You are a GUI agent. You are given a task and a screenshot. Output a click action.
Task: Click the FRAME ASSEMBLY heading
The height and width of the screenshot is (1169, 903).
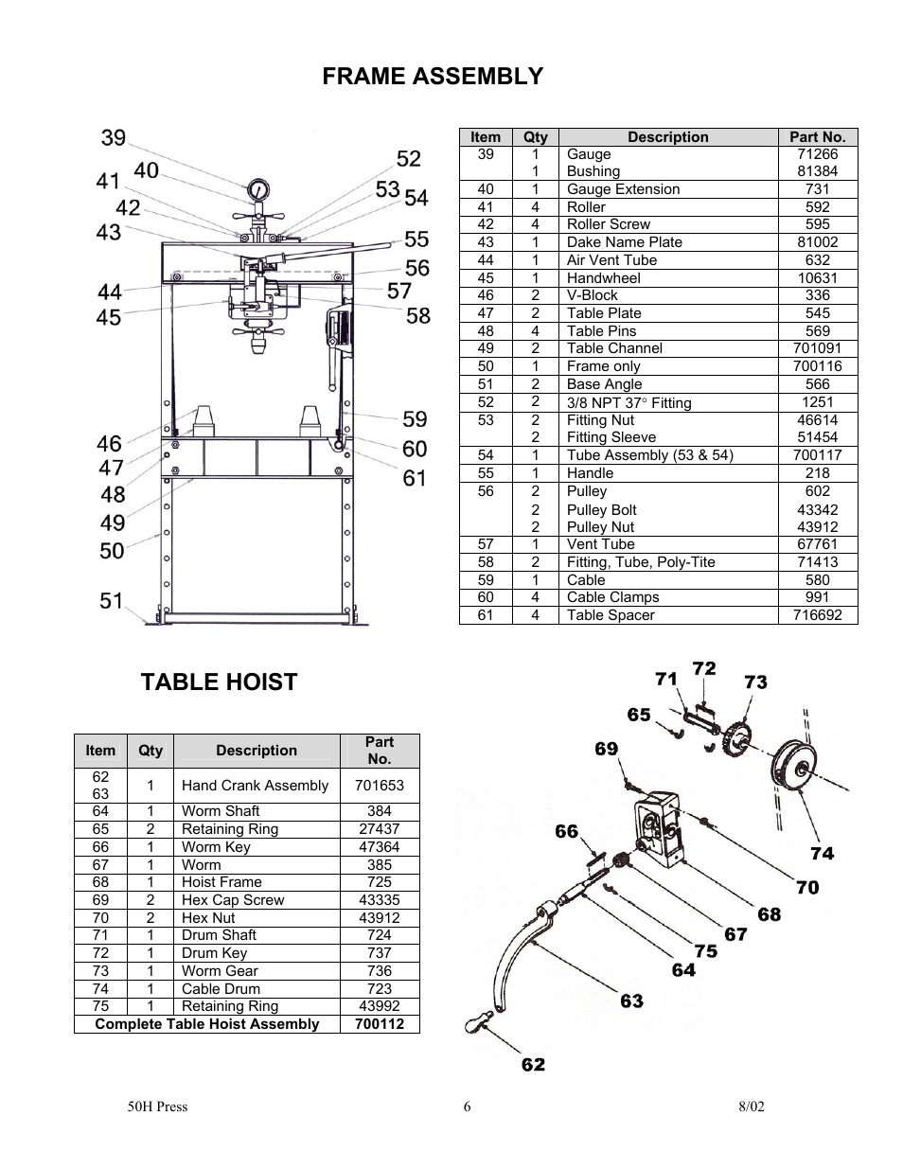tap(433, 76)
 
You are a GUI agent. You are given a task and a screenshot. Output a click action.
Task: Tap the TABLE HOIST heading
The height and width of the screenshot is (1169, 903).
tap(219, 682)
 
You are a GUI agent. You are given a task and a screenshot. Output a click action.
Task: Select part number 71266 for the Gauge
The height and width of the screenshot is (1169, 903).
tap(817, 154)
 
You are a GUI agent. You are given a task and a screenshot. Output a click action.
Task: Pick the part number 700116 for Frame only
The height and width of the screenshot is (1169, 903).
tap(817, 366)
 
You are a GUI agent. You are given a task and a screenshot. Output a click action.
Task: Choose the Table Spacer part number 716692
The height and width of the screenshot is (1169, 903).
tap(817, 615)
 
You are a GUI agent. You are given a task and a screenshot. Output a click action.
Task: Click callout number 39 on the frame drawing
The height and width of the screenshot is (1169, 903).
tap(113, 137)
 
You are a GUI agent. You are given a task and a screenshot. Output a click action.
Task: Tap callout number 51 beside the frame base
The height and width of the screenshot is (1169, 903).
tap(112, 600)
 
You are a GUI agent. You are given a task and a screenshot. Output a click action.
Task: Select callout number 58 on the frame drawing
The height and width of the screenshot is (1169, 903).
tap(417, 316)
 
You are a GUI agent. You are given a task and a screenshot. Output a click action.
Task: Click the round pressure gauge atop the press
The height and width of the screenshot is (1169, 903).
tap(258, 190)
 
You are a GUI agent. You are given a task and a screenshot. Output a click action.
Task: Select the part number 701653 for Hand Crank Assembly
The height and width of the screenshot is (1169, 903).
tap(380, 786)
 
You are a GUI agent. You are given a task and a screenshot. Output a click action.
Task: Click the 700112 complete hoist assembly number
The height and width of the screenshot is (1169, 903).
tap(380, 1024)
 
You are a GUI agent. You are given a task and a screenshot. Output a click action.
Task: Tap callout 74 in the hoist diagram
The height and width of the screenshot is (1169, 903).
tap(822, 853)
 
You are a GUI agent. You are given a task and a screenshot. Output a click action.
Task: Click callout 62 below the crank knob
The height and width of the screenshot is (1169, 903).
tap(533, 1064)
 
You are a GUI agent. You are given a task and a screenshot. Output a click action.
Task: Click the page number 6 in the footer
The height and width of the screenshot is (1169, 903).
tap(467, 1107)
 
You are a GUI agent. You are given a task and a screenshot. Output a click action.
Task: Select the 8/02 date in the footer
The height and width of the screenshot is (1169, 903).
tap(751, 1107)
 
